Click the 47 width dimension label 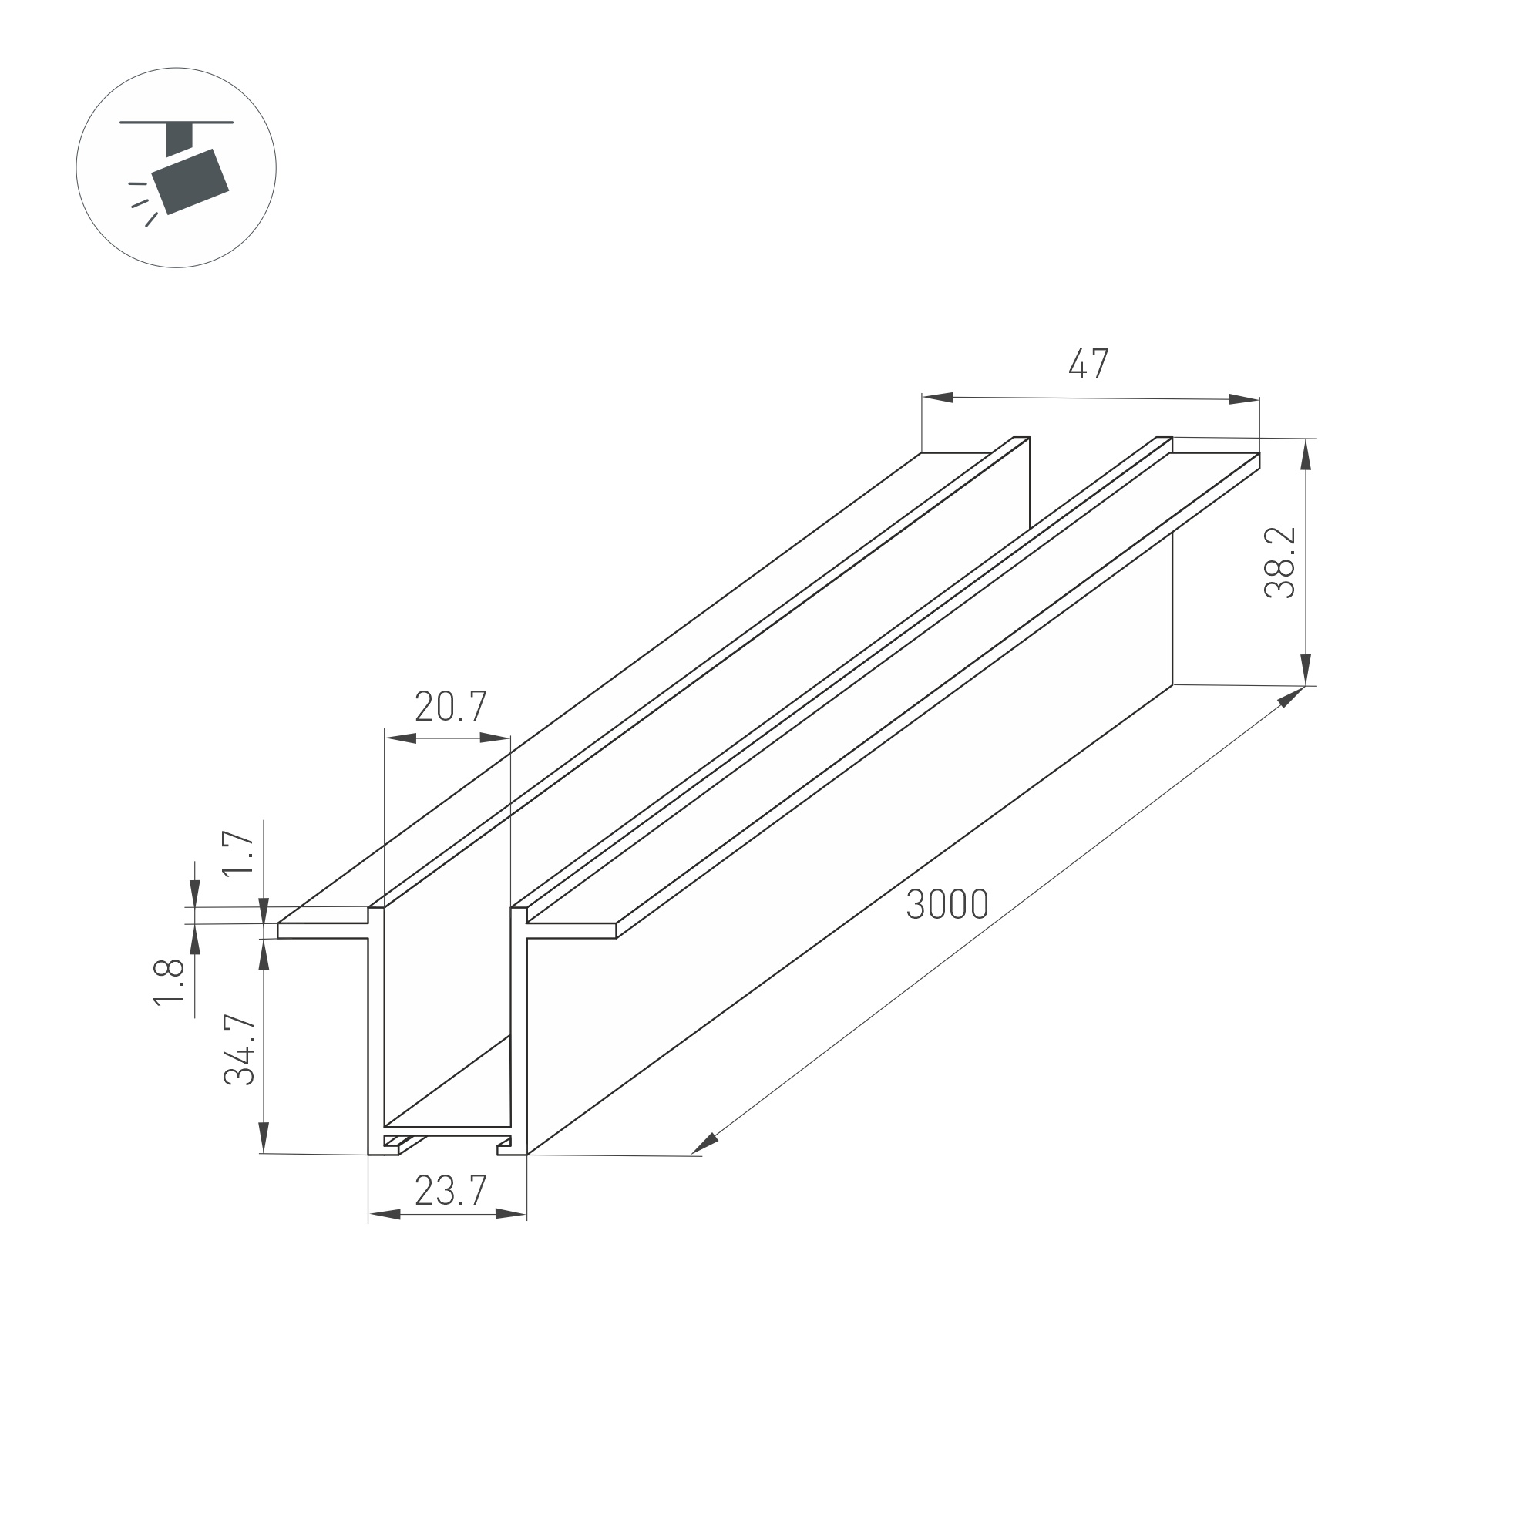[1088, 364]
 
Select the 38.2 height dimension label [1279, 563]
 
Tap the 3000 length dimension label [947, 905]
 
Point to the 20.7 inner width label [450, 706]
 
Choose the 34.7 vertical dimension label [239, 1051]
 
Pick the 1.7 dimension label [237, 854]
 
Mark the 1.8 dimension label [169, 983]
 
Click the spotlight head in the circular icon [190, 182]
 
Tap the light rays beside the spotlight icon [141, 204]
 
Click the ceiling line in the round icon [177, 123]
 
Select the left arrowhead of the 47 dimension [938, 397]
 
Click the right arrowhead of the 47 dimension [1243, 399]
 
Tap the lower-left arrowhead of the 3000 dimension [704, 1143]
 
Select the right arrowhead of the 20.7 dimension [494, 738]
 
